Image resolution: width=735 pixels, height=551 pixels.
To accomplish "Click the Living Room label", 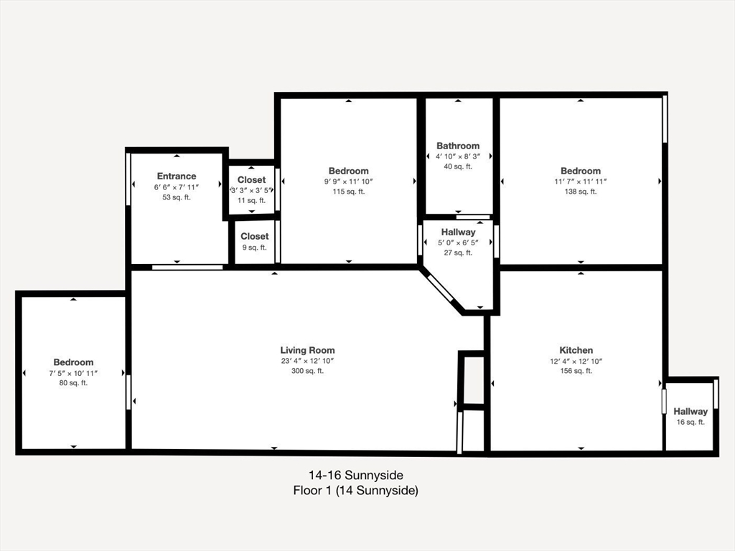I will (x=307, y=350).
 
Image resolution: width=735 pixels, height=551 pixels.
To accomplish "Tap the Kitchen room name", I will (x=576, y=350).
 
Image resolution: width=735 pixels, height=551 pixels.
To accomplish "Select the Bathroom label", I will (x=458, y=146).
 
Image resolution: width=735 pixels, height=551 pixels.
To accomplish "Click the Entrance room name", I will (x=177, y=176).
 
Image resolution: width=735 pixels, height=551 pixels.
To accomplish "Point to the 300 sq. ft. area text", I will (x=307, y=371).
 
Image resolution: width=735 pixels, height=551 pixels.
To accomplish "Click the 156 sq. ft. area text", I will (x=576, y=371).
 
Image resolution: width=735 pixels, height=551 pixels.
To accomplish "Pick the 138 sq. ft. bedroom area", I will (x=581, y=192).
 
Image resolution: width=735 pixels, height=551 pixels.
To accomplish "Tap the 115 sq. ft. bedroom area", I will (x=349, y=192).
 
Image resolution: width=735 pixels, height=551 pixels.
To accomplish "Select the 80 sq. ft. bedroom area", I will (x=73, y=383).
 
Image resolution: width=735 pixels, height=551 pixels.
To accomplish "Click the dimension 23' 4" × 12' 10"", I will (x=307, y=361).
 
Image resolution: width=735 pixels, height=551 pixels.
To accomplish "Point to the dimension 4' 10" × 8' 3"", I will (x=458, y=156).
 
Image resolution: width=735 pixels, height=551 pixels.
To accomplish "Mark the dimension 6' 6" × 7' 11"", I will (x=177, y=187).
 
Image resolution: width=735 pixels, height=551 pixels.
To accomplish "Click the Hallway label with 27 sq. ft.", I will (x=458, y=232).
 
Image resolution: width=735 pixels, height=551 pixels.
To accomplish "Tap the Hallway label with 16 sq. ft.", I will (x=690, y=411).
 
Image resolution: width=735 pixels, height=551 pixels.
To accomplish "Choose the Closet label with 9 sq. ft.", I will (x=255, y=236).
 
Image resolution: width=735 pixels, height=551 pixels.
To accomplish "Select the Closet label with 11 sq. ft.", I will (x=252, y=179).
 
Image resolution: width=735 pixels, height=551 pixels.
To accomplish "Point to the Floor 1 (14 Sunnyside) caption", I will (x=356, y=491).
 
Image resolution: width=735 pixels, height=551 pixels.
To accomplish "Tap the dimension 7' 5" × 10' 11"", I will (x=73, y=373).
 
